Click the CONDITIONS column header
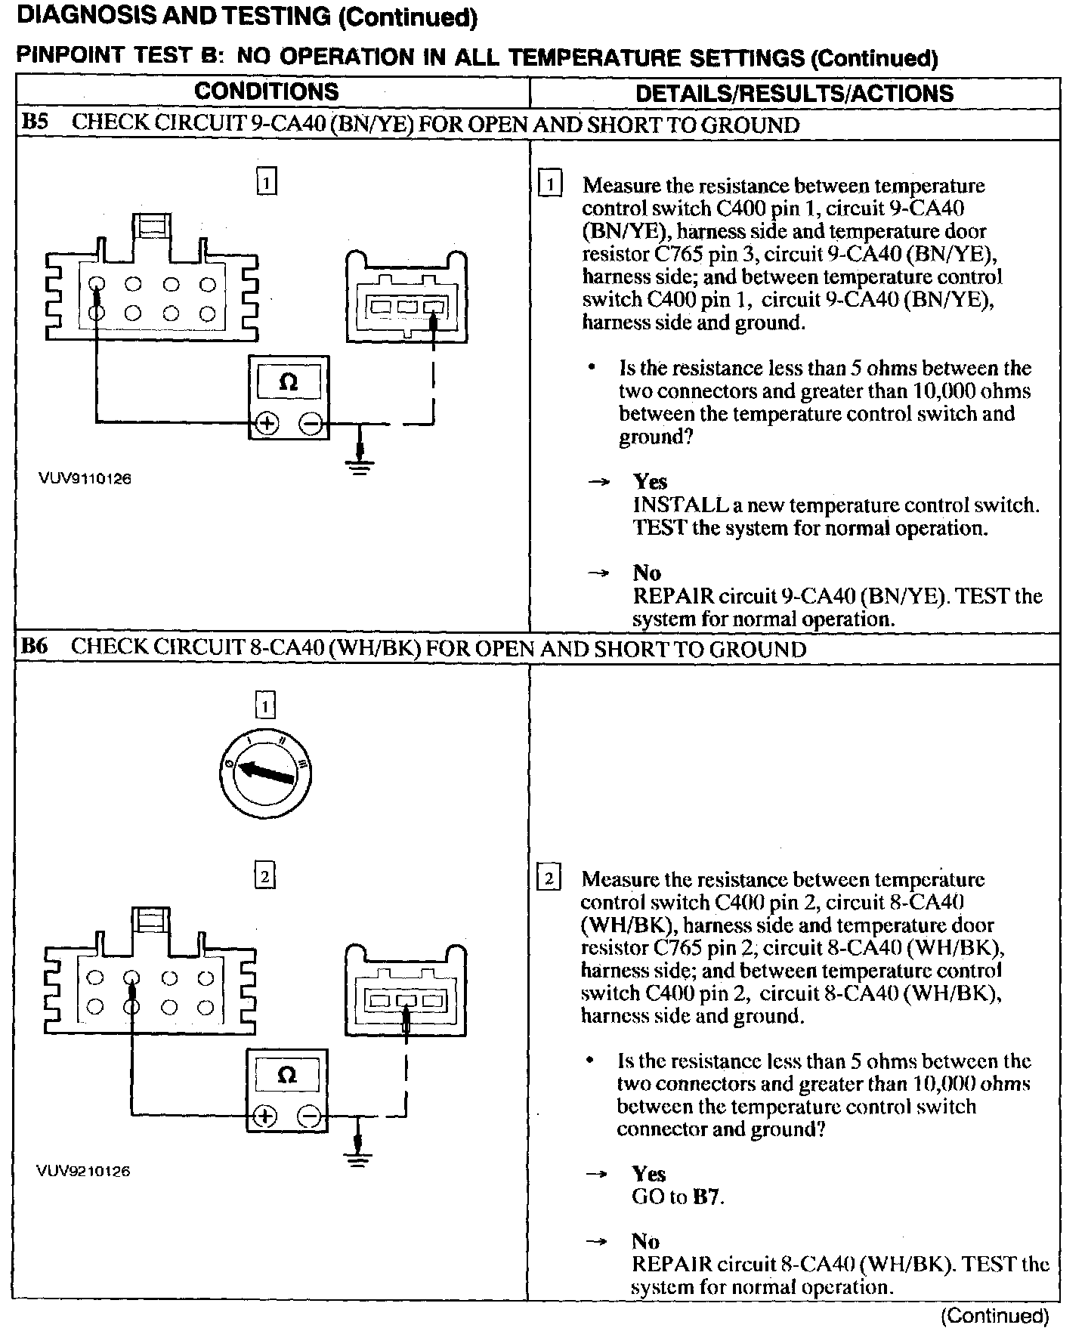click(x=266, y=92)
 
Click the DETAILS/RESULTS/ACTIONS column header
click(x=794, y=93)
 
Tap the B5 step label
click(x=35, y=123)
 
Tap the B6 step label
click(x=35, y=647)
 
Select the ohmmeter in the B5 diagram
click(x=289, y=397)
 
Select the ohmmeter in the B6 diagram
click(x=287, y=1090)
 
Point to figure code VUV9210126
click(x=83, y=1171)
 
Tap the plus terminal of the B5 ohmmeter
click(x=266, y=424)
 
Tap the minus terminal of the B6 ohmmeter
click(x=309, y=1116)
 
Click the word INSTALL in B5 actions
click(x=679, y=505)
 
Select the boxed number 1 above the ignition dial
click(x=265, y=706)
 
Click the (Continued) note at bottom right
click(x=994, y=1316)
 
